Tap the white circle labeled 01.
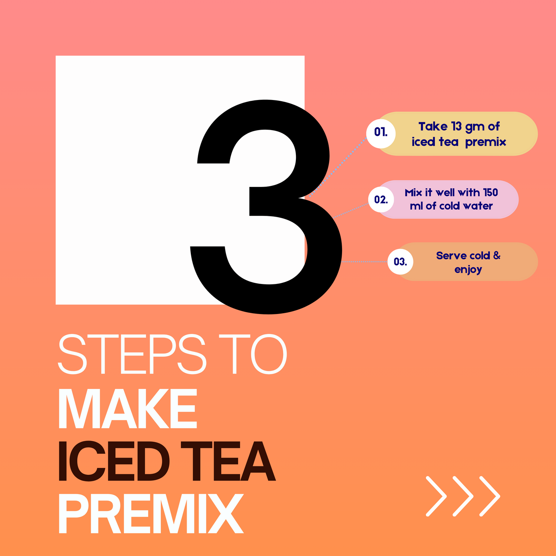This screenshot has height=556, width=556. [x=381, y=133]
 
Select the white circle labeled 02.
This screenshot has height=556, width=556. [x=381, y=199]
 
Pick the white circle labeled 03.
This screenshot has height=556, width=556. [x=400, y=262]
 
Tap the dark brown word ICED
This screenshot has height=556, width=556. [x=114, y=462]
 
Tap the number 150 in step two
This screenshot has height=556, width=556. [x=491, y=192]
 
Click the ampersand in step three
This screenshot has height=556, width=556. [x=497, y=255]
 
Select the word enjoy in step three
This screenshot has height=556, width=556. [x=468, y=270]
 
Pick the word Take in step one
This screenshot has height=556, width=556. [x=433, y=126]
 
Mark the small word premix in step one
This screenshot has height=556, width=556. [x=485, y=142]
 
